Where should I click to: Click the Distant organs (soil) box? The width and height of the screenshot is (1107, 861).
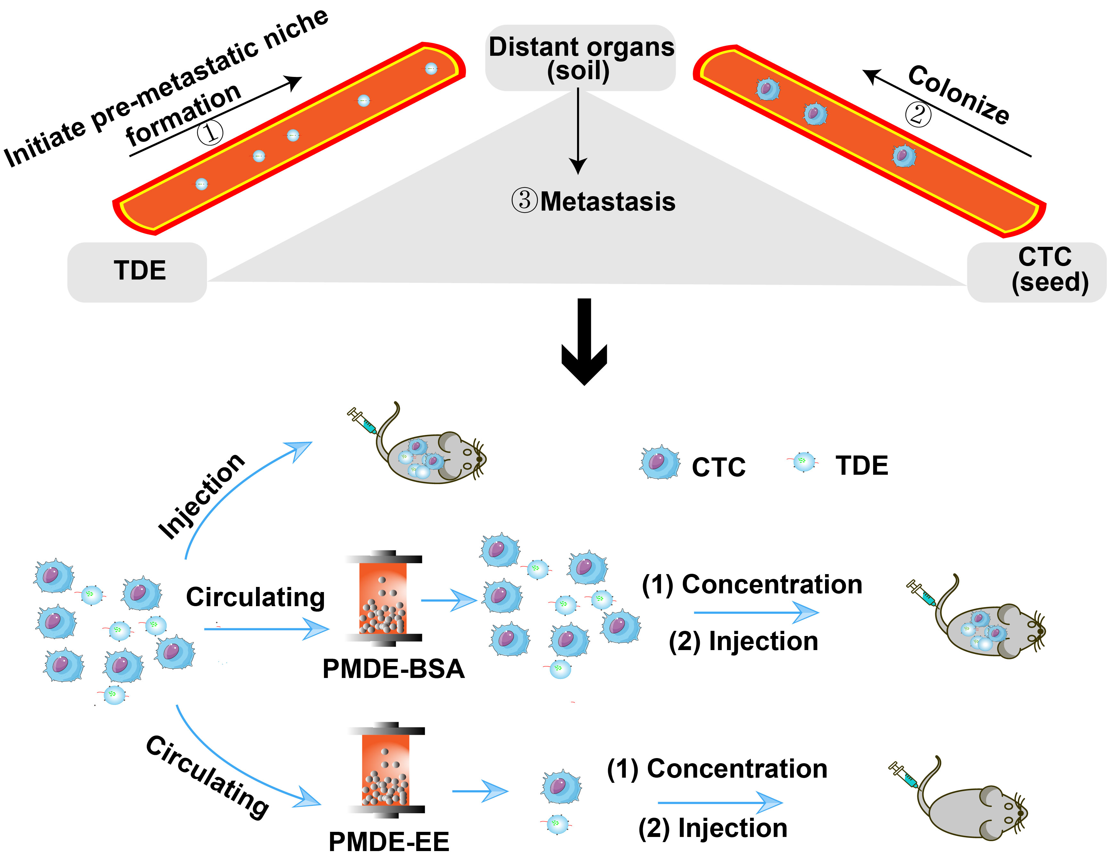580,58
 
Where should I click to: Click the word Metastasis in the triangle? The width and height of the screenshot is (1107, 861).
607,202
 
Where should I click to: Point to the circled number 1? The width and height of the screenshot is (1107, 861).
210,133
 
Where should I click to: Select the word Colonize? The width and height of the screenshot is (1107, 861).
958,95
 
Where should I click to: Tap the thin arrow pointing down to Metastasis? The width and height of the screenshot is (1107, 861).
578,132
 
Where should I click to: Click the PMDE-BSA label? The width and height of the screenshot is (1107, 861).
393,669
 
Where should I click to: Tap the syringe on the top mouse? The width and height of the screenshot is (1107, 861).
362,421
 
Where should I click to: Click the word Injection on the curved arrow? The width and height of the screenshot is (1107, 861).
202,497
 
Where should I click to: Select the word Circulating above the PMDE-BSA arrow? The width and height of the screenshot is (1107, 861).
255,597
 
